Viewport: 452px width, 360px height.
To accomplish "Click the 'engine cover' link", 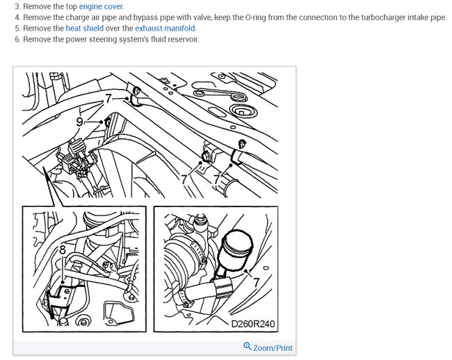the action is point(101,6).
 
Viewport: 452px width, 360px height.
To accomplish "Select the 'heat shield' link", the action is point(84,28).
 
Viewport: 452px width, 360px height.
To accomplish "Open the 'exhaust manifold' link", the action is point(166,28).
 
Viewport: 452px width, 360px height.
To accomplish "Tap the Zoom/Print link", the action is point(273,348).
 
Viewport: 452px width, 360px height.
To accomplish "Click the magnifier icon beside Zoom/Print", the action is point(248,346).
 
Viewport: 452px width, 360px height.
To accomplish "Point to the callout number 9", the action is point(79,122).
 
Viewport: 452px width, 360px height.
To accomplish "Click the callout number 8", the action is point(63,250).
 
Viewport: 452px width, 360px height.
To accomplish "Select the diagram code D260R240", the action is point(253,324).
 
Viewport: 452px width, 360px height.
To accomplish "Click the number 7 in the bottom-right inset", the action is point(257,282).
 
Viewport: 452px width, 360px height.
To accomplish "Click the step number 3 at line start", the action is point(17,6).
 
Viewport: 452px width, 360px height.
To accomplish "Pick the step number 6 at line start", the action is point(17,39).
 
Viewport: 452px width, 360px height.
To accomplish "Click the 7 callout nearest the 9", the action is point(108,99).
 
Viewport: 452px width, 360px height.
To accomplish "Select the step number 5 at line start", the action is point(17,28).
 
